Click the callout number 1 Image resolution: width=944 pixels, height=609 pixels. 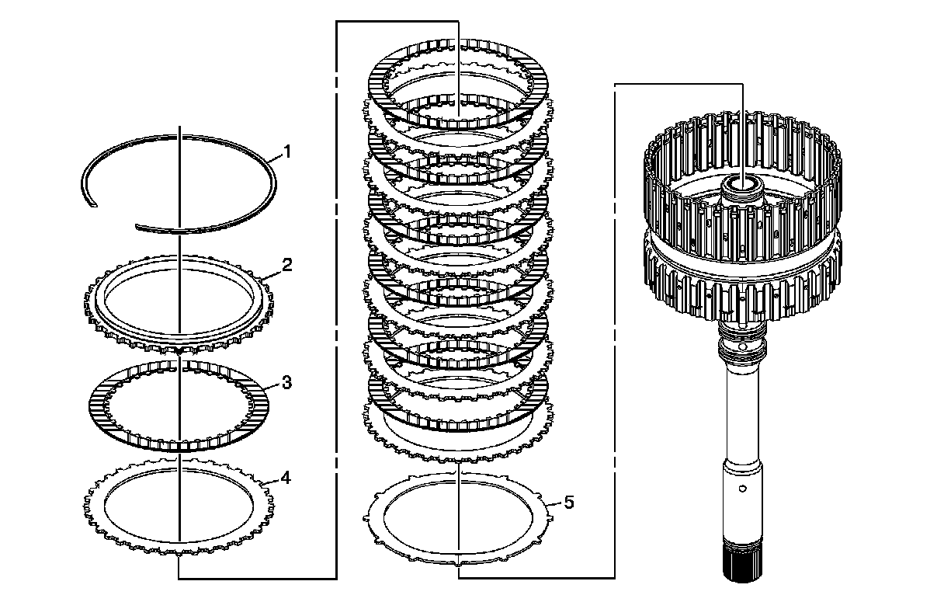tap(287, 152)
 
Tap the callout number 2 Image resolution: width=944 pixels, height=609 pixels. tap(287, 266)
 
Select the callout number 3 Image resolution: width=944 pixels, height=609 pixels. tap(286, 383)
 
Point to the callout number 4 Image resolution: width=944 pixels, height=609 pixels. tap(286, 478)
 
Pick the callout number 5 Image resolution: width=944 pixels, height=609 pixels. tap(569, 503)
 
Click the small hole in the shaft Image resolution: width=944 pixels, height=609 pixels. tap(743, 489)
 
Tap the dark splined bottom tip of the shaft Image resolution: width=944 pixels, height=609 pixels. tap(743, 568)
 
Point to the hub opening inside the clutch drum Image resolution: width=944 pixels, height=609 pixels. tap(742, 183)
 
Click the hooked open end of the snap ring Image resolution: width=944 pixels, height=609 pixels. tap(92, 204)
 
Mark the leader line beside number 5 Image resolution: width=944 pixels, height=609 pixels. tap(554, 503)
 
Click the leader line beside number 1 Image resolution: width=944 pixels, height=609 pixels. tap(274, 159)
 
